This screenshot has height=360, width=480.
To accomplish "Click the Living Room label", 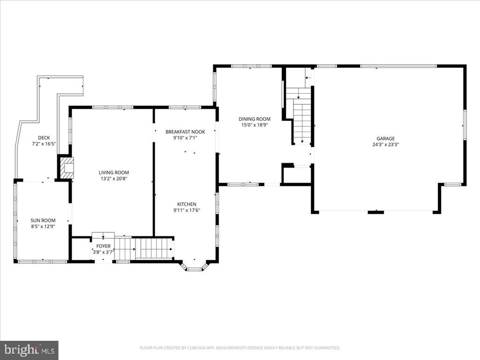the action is click(113, 172).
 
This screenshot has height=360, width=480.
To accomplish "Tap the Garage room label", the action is click(385, 138).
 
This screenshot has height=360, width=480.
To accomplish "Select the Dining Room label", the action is click(255, 119).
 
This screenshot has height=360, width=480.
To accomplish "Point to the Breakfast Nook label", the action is click(185, 132).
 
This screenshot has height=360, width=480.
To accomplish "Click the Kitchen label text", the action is click(187, 204).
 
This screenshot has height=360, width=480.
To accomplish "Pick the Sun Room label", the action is click(43, 220).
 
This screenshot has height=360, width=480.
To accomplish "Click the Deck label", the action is click(44, 138).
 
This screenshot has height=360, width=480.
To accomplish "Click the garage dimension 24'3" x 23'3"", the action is click(385, 144).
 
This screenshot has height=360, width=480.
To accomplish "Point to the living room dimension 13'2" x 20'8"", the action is click(113, 179).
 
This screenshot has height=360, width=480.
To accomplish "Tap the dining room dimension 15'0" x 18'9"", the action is click(255, 125).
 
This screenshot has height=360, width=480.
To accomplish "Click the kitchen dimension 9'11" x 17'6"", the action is click(187, 210).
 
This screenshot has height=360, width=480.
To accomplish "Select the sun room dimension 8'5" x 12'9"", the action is click(43, 226).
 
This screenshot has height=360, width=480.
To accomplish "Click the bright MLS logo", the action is click(29, 350).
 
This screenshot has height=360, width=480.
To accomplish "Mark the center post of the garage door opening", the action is click(375, 212).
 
